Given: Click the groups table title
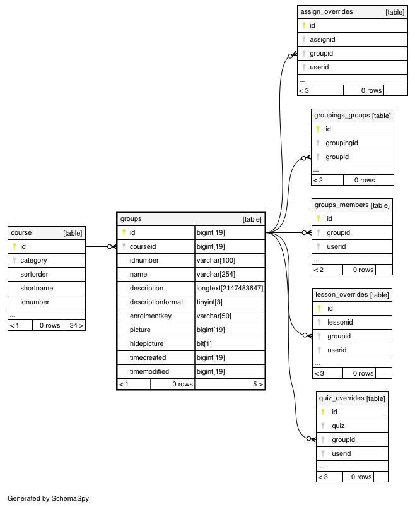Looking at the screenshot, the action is (x=131, y=219).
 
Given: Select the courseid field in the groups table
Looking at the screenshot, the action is (x=143, y=246).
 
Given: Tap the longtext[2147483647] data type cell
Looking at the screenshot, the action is (x=230, y=288).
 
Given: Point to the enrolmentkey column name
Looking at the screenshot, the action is (x=151, y=316).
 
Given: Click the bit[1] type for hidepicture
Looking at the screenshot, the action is (x=204, y=343).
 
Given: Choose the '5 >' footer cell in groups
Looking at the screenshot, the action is (x=258, y=384).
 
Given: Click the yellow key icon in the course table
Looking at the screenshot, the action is (x=15, y=246).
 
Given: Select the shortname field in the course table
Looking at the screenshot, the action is (x=37, y=288).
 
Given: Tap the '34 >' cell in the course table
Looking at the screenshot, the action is (x=76, y=325).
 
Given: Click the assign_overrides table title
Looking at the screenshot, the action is (x=327, y=12).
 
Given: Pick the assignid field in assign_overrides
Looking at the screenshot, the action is (x=322, y=39).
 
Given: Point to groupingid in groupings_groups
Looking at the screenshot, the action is (x=342, y=143).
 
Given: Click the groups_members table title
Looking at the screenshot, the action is (x=341, y=205).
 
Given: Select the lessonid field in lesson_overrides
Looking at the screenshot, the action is (x=340, y=322).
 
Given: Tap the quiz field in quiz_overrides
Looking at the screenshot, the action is (x=338, y=426).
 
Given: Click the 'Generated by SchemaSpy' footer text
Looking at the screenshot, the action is (x=48, y=498).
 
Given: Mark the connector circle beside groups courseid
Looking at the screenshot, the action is (x=110, y=247).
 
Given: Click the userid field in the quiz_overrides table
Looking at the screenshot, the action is (x=341, y=453).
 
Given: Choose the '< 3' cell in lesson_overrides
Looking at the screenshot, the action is (x=319, y=373).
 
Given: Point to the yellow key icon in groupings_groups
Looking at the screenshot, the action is (x=318, y=129).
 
